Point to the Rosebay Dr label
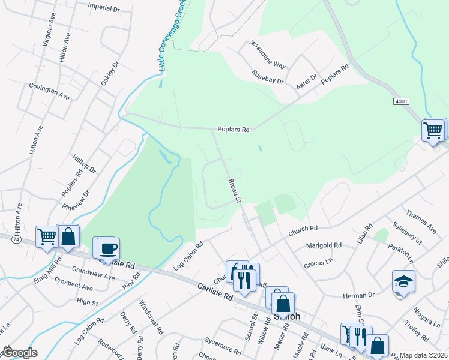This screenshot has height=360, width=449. point(267,77)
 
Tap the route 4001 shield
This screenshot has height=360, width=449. point(401,101)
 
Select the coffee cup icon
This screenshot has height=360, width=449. point(108,248)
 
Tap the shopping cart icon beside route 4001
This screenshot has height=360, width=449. point(433,130)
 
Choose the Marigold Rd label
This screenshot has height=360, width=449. point(323,245)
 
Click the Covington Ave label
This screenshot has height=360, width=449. point(49,91)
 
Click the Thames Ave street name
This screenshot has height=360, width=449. point(421,221)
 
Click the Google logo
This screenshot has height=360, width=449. point(20,353)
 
